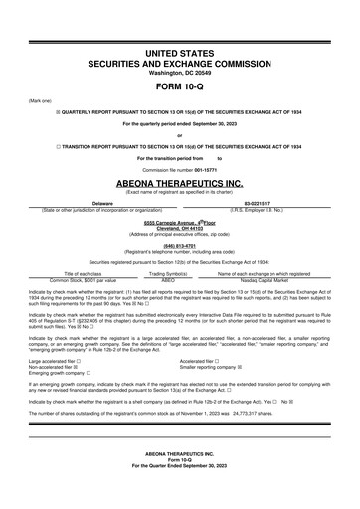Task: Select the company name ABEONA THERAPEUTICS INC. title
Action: pos(179,184)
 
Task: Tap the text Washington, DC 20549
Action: pos(179,69)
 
